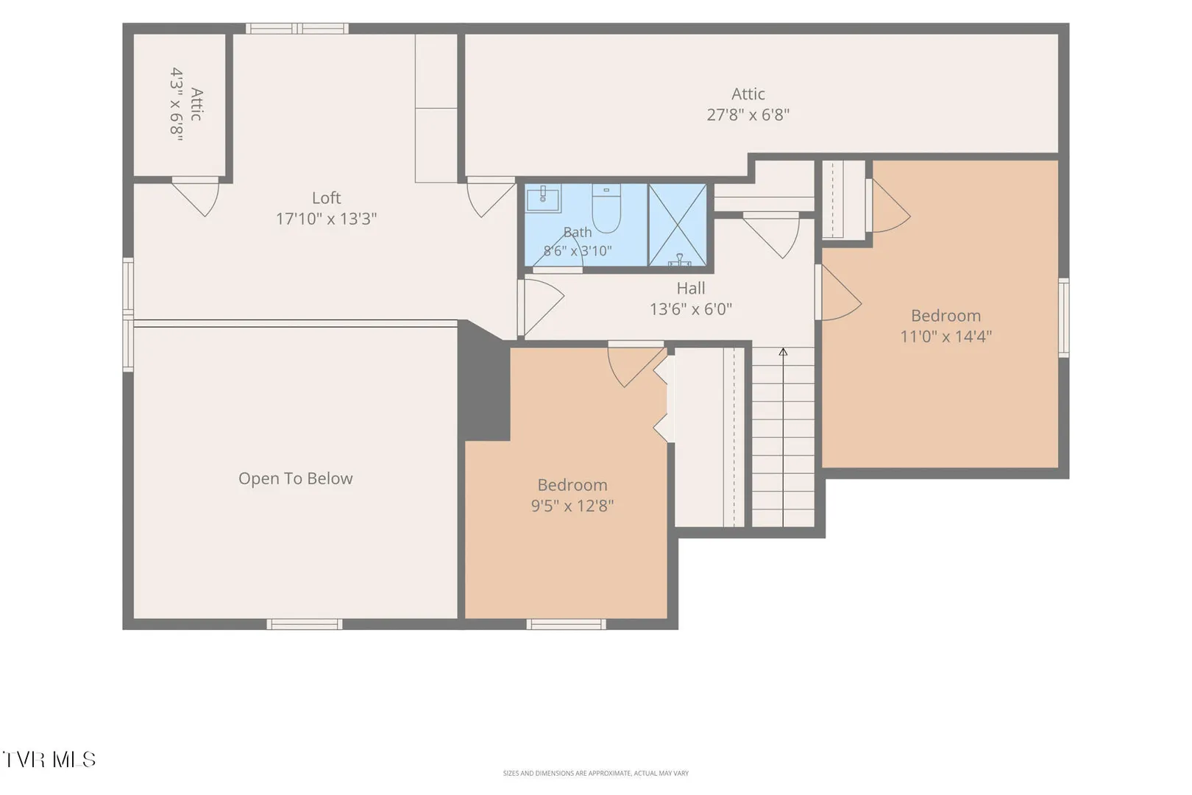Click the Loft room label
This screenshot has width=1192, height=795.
pyautogui.click(x=326, y=198)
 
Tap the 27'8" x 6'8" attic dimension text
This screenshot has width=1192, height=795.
pyautogui.click(x=748, y=115)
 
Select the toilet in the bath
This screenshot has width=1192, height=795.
pyautogui.click(x=606, y=208)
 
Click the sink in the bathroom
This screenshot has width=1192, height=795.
pyautogui.click(x=543, y=198)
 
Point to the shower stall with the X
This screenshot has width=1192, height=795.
pyautogui.click(x=678, y=225)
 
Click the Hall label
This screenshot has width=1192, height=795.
pyautogui.click(x=691, y=288)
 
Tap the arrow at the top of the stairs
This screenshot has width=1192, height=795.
pyautogui.click(x=783, y=352)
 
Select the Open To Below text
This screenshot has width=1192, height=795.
pyautogui.click(x=295, y=478)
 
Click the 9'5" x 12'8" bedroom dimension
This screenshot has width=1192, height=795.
pyautogui.click(x=572, y=505)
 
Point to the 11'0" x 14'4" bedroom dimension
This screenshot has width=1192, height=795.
pyautogui.click(x=946, y=336)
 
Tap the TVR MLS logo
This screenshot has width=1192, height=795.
pyautogui.click(x=49, y=760)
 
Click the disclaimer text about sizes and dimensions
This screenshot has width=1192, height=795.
pyautogui.click(x=595, y=773)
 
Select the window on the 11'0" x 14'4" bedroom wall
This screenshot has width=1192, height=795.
pyautogui.click(x=1063, y=317)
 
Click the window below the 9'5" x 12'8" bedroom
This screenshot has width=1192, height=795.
pyautogui.click(x=567, y=624)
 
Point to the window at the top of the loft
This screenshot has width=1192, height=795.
pyautogui.click(x=297, y=28)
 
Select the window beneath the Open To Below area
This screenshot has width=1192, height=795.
pyautogui.click(x=305, y=624)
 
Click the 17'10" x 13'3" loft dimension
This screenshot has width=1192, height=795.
pyautogui.click(x=326, y=219)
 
